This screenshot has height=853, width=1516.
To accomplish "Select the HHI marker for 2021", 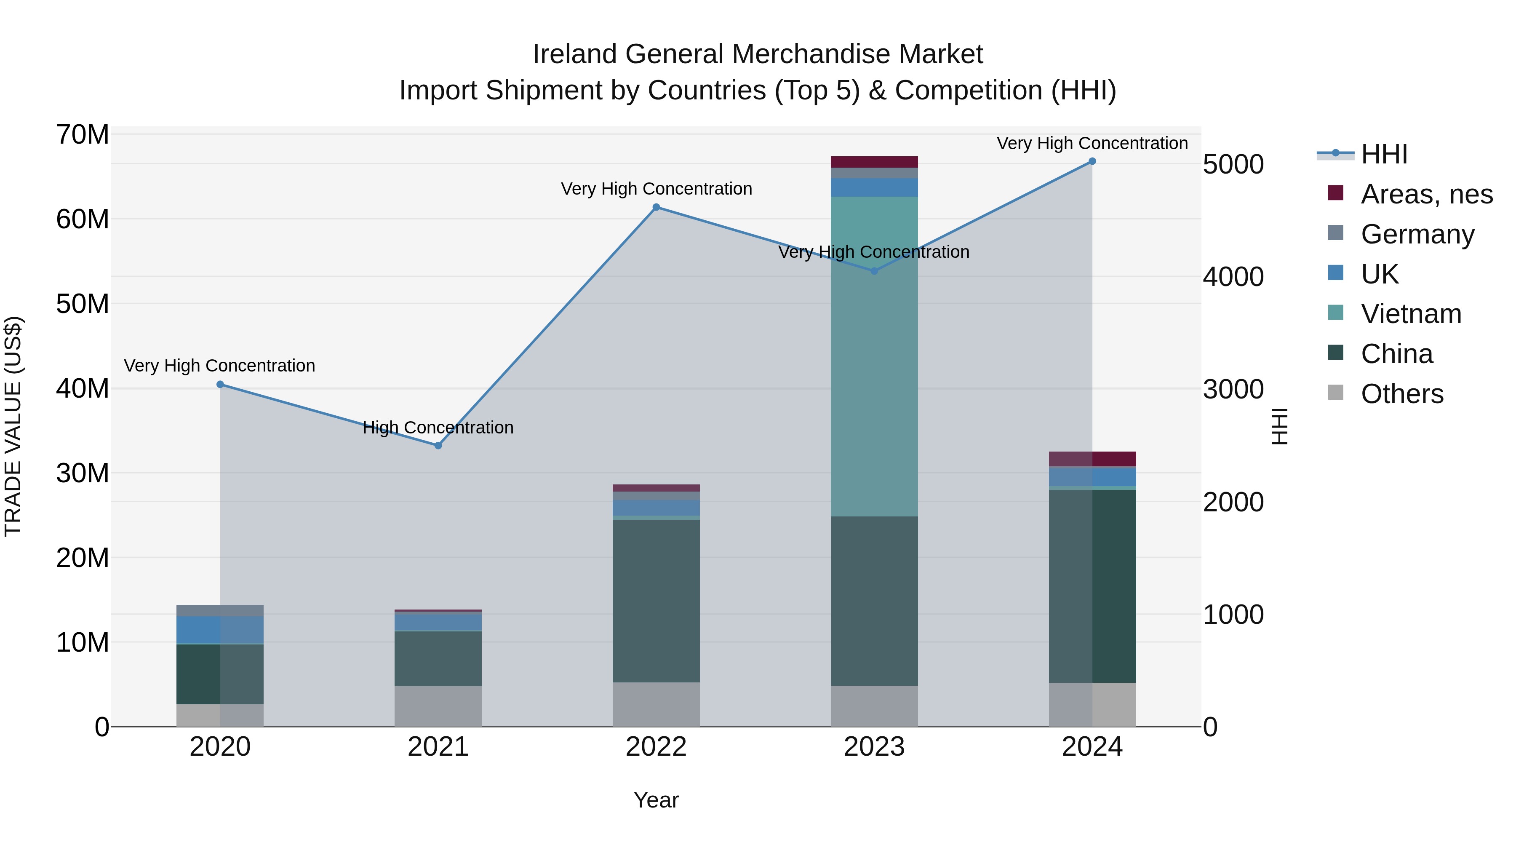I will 438,446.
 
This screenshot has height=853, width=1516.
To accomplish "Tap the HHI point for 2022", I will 656,207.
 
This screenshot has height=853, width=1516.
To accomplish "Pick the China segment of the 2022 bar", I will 656,600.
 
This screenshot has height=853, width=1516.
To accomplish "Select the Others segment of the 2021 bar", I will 438,706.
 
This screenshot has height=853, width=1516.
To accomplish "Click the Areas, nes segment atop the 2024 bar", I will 1092,459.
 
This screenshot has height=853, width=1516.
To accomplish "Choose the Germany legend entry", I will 1417,234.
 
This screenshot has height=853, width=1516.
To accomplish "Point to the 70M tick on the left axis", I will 83,135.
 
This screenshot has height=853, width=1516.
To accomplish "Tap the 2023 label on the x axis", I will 874,747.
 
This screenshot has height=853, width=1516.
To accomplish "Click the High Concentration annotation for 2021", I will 438,428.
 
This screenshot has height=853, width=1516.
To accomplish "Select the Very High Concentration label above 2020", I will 219,366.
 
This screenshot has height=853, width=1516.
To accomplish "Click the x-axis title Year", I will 656,800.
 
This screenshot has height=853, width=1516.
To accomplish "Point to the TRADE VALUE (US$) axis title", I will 13,426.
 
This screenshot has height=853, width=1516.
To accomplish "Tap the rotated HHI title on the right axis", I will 1279,426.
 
